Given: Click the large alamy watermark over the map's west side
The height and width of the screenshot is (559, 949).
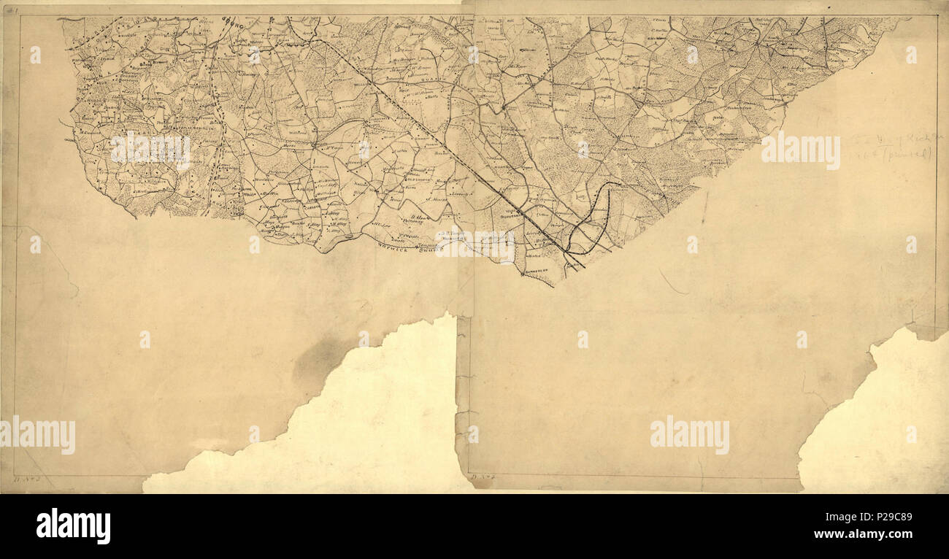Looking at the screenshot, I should coord(150,150).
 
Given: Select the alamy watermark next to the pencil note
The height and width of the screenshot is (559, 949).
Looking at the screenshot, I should coord(800,150).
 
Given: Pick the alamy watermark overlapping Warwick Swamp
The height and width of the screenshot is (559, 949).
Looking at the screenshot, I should coord(475,244).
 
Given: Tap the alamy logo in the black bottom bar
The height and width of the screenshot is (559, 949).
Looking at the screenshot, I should coord(73,526).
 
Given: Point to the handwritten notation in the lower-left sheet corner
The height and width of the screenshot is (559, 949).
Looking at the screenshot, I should coord(26,480).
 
